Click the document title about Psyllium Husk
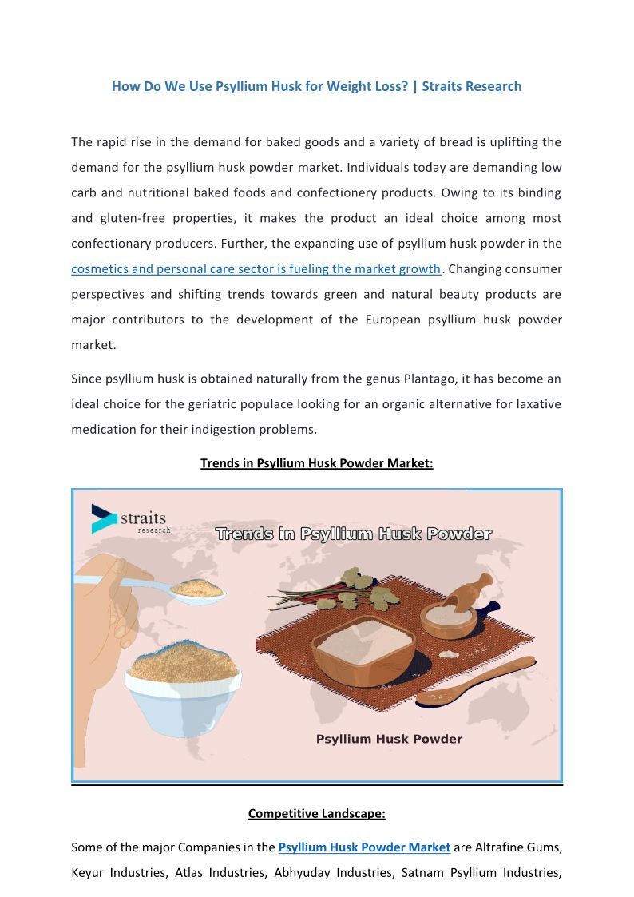tap(316, 86)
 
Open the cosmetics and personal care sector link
tap(256, 269)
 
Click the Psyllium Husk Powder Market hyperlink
tap(364, 847)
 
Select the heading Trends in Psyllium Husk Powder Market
tap(316, 463)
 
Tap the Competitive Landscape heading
tap(316, 814)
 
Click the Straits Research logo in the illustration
tap(128, 519)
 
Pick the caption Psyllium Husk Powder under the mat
tap(389, 740)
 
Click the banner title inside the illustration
tap(353, 534)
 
